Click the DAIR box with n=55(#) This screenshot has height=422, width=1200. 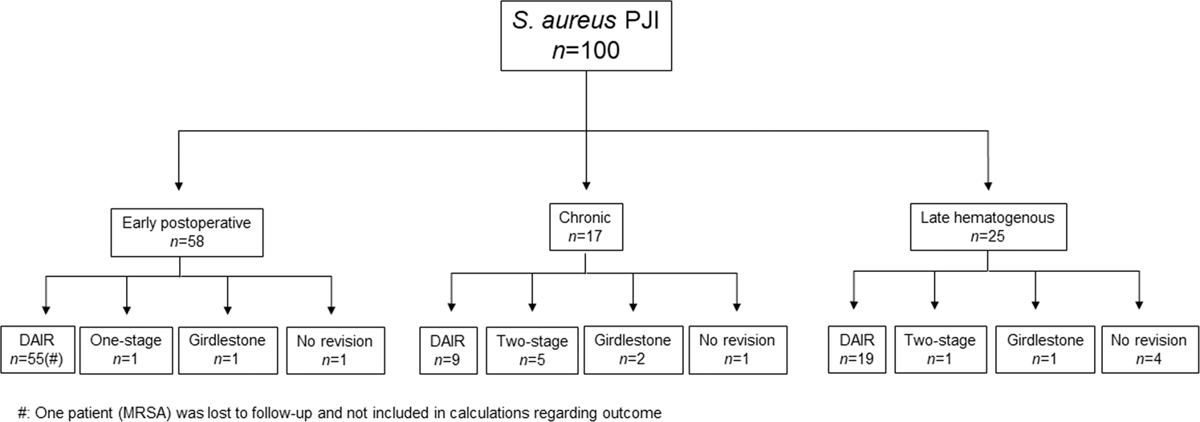click(x=39, y=349)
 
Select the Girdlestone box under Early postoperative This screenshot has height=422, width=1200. click(x=227, y=349)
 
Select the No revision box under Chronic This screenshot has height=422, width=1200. click(x=736, y=349)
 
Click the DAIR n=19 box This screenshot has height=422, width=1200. click(x=853, y=349)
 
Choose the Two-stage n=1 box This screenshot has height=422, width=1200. click(x=935, y=349)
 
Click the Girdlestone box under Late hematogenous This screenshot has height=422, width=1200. click(x=1036, y=349)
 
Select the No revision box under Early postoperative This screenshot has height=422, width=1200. click(x=330, y=349)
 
